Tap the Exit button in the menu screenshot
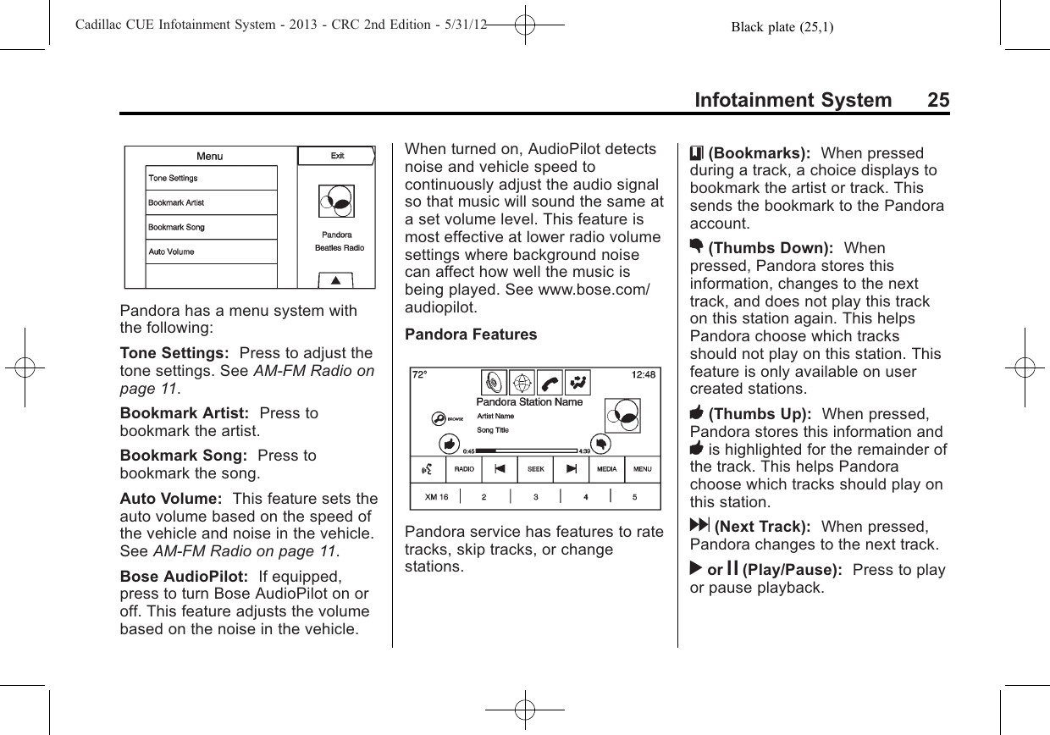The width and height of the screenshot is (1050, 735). (336, 156)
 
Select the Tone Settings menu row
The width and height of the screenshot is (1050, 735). (211, 178)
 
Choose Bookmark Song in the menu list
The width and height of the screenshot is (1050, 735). (211, 227)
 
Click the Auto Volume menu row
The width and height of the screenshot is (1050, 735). (211, 251)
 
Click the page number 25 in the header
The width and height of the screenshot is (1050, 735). (937, 100)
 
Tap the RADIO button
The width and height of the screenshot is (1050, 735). (464, 468)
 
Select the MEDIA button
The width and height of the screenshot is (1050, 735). (606, 468)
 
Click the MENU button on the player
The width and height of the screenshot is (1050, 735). (643, 468)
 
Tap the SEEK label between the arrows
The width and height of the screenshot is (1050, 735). (535, 468)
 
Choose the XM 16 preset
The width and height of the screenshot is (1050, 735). (436, 497)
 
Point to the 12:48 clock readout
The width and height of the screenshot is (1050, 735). (644, 375)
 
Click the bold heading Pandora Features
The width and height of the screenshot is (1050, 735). (471, 334)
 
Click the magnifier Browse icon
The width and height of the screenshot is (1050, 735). (437, 418)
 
